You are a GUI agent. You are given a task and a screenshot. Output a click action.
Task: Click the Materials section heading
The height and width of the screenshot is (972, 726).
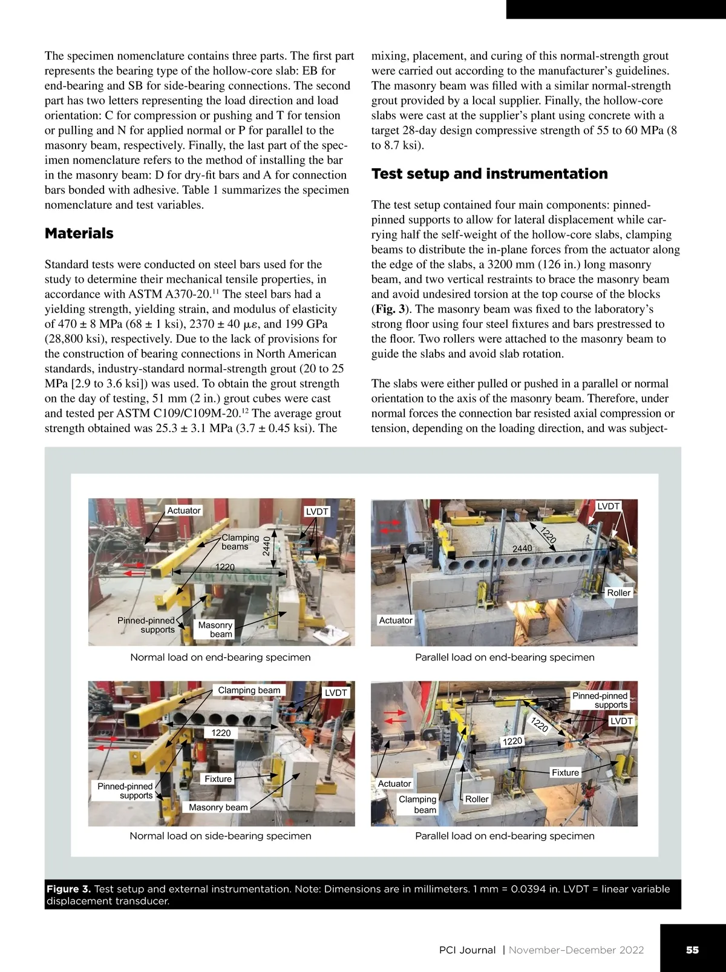[79, 234]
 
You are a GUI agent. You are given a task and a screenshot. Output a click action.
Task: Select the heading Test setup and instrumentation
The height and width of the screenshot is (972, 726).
[489, 174]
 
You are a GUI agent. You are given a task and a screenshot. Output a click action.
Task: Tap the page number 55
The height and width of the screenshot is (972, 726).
[692, 950]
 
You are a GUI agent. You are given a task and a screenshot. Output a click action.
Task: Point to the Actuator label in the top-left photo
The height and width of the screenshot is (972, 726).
[184, 510]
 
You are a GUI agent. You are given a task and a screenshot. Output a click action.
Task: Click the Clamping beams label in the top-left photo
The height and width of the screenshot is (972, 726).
[240, 542]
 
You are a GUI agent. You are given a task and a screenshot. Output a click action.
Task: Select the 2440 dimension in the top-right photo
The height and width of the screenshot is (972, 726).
[522, 548]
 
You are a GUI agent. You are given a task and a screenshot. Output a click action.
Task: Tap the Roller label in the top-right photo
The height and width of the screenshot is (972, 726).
[618, 593]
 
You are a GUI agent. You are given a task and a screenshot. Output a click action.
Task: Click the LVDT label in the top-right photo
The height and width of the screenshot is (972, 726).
[608, 506]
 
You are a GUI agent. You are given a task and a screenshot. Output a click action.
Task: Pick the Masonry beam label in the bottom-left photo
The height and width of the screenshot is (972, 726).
[218, 807]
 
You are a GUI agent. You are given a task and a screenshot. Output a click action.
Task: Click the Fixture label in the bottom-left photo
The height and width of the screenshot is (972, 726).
[218, 779]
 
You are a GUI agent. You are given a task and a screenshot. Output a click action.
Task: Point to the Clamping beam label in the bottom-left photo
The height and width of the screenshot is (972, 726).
[249, 690]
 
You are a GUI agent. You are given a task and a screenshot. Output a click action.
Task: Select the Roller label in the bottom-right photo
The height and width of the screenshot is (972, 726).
[476, 799]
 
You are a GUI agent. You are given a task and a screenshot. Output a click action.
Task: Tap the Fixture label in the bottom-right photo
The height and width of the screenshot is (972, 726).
[565, 772]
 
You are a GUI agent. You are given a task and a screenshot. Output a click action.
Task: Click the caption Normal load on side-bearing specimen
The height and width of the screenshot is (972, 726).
[220, 836]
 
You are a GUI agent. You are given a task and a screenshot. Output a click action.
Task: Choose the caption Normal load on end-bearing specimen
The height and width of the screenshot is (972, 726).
[220, 657]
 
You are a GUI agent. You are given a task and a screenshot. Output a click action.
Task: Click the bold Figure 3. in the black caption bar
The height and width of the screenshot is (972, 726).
[68, 889]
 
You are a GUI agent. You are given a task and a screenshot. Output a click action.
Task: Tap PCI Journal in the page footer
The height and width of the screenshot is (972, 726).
[467, 950]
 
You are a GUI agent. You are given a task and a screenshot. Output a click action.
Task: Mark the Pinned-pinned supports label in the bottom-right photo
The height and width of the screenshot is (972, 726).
[600, 700]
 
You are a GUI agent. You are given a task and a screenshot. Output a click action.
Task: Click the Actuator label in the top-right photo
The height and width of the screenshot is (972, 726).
[396, 620]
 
